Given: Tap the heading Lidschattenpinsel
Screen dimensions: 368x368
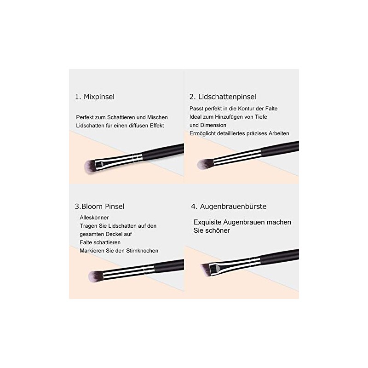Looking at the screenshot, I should pyautogui.click(x=227, y=97).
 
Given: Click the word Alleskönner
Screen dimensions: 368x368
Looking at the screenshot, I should pyautogui.click(x=94, y=218).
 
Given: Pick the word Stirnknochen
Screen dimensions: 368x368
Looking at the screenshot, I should pyautogui.click(x=142, y=251).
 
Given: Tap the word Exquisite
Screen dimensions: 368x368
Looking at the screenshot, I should pyautogui.click(x=208, y=222).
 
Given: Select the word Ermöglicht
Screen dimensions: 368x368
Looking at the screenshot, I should pyautogui.click(x=204, y=133).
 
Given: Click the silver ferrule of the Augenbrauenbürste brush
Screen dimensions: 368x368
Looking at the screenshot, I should pyautogui.click(x=220, y=266).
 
